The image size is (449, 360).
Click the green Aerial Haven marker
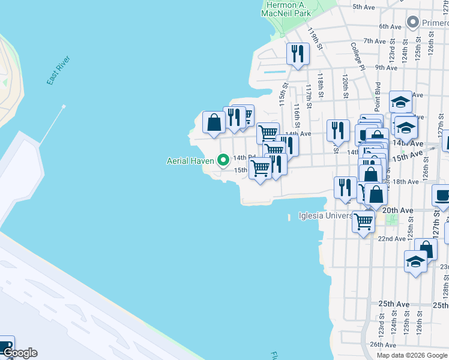click(x=223, y=160)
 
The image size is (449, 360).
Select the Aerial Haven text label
click(x=190, y=160)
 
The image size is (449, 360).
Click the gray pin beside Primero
click(x=412, y=23)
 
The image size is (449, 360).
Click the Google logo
click(x=20, y=353)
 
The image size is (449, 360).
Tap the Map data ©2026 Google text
click(x=411, y=355)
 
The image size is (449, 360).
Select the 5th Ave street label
click(x=364, y=7)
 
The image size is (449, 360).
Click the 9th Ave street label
click(x=387, y=68)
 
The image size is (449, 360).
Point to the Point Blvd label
click(x=378, y=97)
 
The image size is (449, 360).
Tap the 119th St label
click(x=314, y=38)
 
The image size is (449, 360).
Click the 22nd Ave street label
click(x=391, y=238)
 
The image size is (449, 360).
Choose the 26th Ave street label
click(x=382, y=344)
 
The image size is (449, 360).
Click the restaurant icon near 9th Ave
click(x=297, y=55)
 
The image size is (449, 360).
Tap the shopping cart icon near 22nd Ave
click(x=363, y=221)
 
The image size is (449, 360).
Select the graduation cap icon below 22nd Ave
click(x=415, y=262)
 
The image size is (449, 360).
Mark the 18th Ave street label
click(x=405, y=181)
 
